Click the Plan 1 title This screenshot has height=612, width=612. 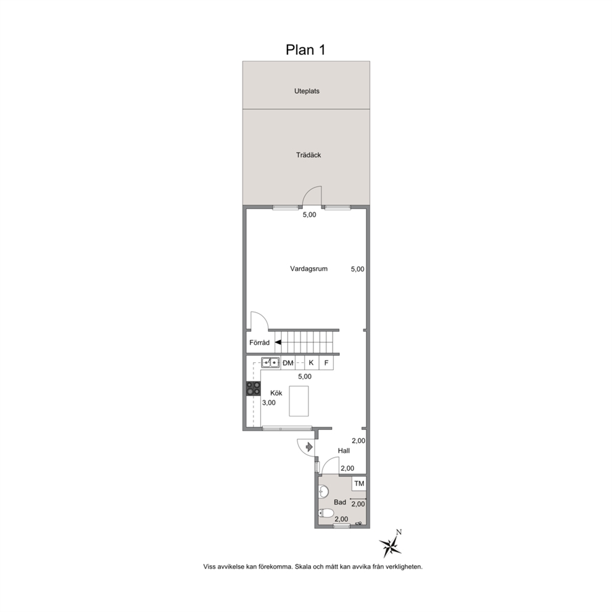point(305,50)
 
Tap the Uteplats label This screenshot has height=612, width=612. point(307,91)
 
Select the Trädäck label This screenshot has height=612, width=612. point(308,155)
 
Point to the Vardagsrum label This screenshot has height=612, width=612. point(308,268)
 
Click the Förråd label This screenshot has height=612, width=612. point(260,342)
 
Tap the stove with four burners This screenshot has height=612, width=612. point(253,389)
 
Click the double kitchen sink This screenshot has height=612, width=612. point(270,363)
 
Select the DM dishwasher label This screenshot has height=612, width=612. point(288,363)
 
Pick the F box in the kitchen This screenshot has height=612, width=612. point(326,363)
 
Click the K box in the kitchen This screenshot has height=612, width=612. point(311,363)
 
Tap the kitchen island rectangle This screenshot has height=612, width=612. point(299,401)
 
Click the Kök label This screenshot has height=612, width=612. point(276,393)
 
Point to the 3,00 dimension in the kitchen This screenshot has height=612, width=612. point(269,403)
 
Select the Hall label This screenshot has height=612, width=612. point(344,450)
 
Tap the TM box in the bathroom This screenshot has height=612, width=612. point(359,484)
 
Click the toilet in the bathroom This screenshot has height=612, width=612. point(326,513)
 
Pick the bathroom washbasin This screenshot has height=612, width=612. point(323,492)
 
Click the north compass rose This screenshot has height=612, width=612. point(391,544)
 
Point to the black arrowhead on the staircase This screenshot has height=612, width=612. point(278,342)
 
